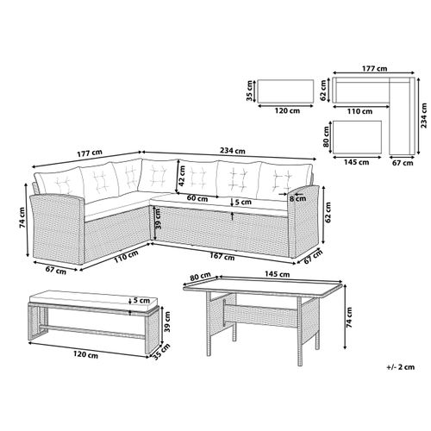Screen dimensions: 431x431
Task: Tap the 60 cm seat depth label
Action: click(x=197, y=198)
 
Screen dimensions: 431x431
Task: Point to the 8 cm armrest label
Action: click(x=297, y=198)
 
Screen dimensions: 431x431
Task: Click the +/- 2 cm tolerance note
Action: click(x=401, y=367)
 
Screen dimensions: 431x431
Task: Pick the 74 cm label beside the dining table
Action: click(x=349, y=317)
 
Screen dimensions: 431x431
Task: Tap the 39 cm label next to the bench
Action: click(x=167, y=322)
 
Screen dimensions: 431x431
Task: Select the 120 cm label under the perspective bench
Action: click(x=85, y=354)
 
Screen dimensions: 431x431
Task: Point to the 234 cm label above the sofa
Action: click(x=233, y=150)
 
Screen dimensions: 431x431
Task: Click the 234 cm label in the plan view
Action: click(x=423, y=116)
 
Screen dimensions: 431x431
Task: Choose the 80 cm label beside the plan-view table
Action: click(x=326, y=137)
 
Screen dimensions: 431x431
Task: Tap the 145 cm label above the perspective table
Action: click(x=277, y=274)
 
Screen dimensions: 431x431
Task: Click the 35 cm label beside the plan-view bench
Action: click(x=249, y=91)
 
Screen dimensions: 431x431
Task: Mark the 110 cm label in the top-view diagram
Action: click(x=359, y=111)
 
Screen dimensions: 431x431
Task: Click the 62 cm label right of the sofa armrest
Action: click(x=328, y=213)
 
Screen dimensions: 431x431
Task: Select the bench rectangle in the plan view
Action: click(x=285, y=91)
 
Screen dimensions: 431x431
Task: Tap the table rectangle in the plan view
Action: click(x=358, y=137)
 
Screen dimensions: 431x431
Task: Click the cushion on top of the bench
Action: click(x=93, y=301)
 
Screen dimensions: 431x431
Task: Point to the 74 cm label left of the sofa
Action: click(x=22, y=217)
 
